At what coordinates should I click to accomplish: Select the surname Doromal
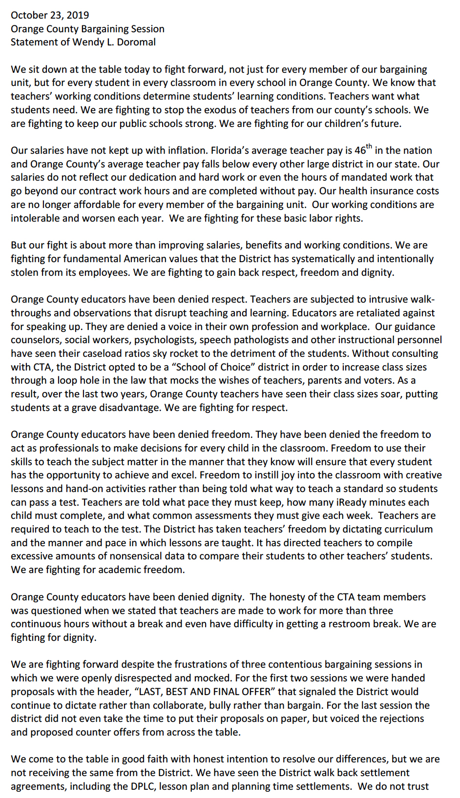click(x=135, y=42)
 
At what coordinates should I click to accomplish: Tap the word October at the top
click(x=29, y=15)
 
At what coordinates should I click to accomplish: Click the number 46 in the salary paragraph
click(x=360, y=151)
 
